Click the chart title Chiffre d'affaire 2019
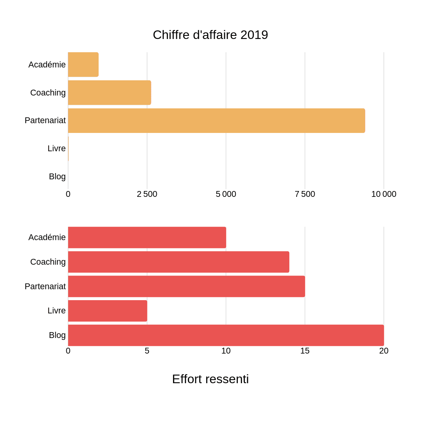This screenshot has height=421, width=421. pyautogui.click(x=210, y=35)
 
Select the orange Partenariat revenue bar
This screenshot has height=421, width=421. pyautogui.click(x=216, y=121)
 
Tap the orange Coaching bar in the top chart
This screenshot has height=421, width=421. pyautogui.click(x=110, y=93)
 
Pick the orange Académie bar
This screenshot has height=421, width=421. pyautogui.click(x=83, y=65)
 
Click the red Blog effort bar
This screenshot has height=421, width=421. pyautogui.click(x=226, y=335)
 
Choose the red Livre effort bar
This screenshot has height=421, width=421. pyautogui.click(x=108, y=311)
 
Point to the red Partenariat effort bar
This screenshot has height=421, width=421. pyautogui.click(x=186, y=287)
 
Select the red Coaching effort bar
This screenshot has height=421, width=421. pyautogui.click(x=179, y=262)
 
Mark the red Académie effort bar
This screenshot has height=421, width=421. pyautogui.click(x=147, y=237)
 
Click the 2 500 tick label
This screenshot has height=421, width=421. pyautogui.click(x=147, y=194)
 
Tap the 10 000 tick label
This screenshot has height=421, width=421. pyautogui.click(x=384, y=194)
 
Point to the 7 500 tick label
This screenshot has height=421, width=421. pyautogui.click(x=305, y=194)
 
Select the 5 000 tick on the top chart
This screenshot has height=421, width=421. pyautogui.click(x=226, y=194)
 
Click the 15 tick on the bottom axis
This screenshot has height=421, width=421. pyautogui.click(x=305, y=351)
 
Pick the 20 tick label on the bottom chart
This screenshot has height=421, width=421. pyautogui.click(x=384, y=351)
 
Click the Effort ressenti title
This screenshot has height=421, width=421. pyautogui.click(x=210, y=379)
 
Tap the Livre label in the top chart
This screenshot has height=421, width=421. pyautogui.click(x=57, y=149)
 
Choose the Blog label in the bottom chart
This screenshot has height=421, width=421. pyautogui.click(x=57, y=335)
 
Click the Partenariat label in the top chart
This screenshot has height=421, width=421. pyautogui.click(x=45, y=120)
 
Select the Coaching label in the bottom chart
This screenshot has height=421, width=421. pyautogui.click(x=48, y=262)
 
